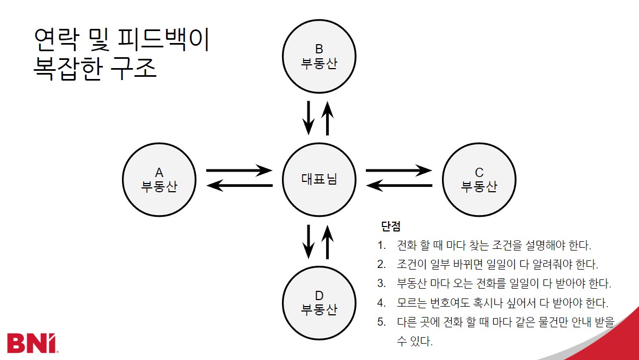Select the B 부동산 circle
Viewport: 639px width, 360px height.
click(x=319, y=56)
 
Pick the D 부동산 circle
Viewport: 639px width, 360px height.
click(x=319, y=302)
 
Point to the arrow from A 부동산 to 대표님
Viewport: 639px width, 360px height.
click(x=239, y=170)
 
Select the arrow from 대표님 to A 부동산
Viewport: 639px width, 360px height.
click(x=239, y=186)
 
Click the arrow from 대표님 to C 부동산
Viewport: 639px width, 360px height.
click(x=399, y=170)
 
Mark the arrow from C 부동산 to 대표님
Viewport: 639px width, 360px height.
click(x=399, y=186)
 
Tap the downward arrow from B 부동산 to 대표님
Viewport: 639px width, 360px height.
click(x=309, y=117)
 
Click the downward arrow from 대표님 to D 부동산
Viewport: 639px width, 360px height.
click(x=309, y=241)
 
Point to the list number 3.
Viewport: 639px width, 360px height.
click(x=381, y=283)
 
